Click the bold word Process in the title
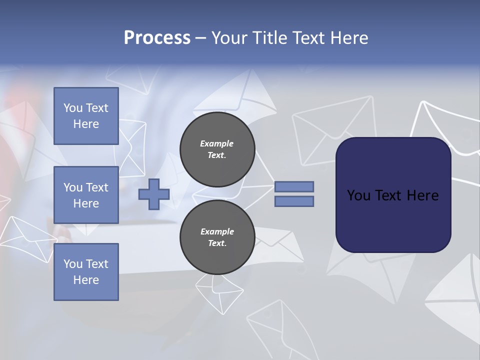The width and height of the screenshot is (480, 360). point(157,37)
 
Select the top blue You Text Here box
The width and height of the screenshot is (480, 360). point(86,116)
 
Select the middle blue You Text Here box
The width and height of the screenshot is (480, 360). point(86,195)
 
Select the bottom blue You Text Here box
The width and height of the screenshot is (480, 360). point(86,272)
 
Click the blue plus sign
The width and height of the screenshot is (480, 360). point(154,194)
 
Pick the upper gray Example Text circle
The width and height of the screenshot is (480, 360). point(217,149)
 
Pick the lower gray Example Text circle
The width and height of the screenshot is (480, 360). point(217,237)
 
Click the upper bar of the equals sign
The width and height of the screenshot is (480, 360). point(294,186)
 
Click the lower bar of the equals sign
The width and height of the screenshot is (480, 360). point(294,201)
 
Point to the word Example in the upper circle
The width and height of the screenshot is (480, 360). point(216,143)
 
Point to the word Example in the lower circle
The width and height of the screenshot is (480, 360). point(217,231)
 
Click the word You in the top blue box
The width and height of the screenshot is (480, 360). point(73,108)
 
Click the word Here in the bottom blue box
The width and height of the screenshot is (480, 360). point(86,280)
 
